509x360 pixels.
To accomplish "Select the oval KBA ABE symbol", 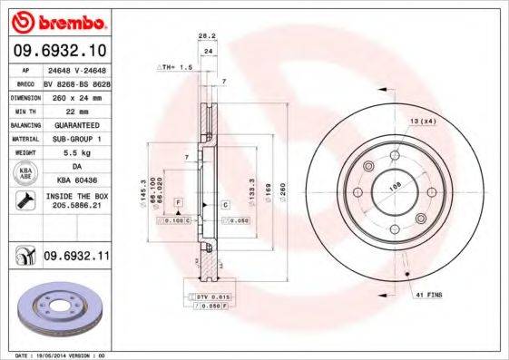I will tap(25, 174).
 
